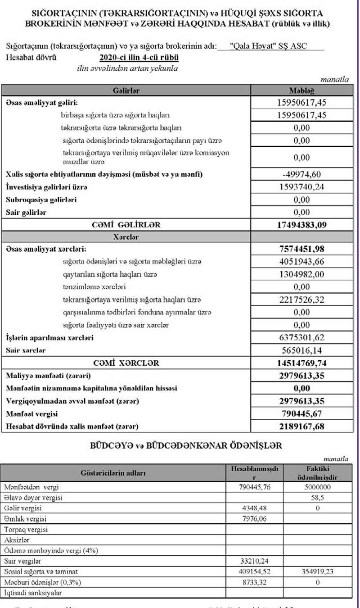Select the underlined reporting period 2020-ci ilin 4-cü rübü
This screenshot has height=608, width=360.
pyautogui.click(x=139, y=58)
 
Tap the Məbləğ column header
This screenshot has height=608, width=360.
pyautogui.click(x=301, y=91)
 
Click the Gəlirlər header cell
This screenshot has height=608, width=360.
pyautogui.click(x=126, y=91)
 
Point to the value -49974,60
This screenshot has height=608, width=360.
pyautogui.click(x=301, y=174)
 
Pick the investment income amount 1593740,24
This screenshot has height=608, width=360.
pyautogui.click(x=301, y=187)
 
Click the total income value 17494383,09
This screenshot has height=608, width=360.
pyautogui.click(x=301, y=224)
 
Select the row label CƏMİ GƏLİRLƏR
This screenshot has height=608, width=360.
pyautogui.click(x=126, y=224)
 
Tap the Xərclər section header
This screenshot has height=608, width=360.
pyautogui.click(x=126, y=236)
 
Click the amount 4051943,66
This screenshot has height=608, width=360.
pyautogui.click(x=301, y=261)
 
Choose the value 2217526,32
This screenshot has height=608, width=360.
pyautogui.click(x=301, y=299)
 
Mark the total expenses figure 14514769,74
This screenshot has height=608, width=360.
pyautogui.click(x=301, y=363)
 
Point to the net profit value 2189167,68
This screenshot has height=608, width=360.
pyautogui.click(x=301, y=426)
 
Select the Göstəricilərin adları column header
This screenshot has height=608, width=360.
pyautogui.click(x=113, y=473)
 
